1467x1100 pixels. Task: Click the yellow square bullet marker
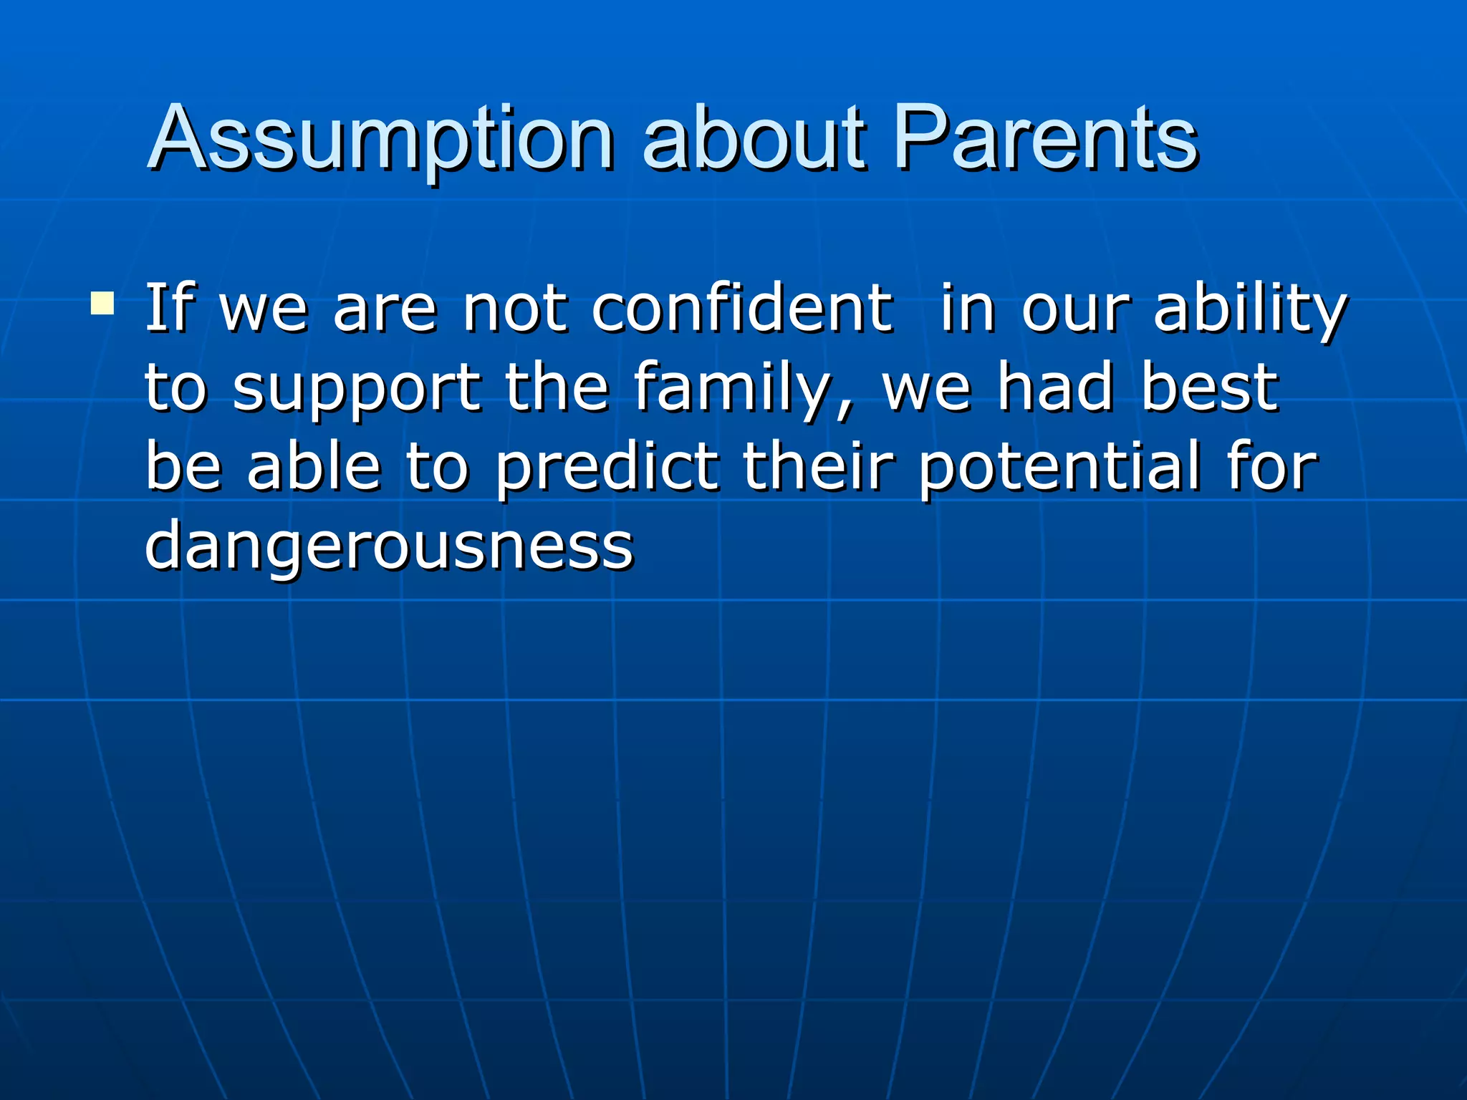[x=102, y=303]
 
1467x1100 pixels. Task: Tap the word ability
[x=1251, y=309]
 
